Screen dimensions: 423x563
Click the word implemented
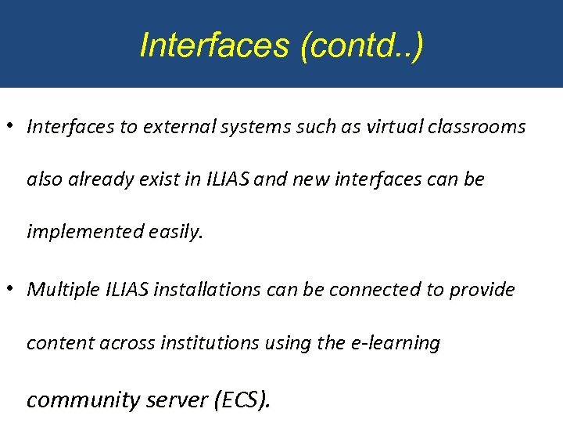81,232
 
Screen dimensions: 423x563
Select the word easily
173,232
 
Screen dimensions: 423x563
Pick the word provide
482,290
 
